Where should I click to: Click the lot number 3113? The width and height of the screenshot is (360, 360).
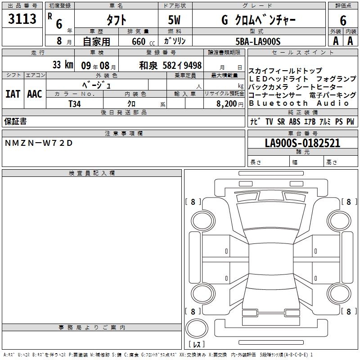[x=22, y=18]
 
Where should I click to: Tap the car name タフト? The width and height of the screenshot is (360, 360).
[x=117, y=20]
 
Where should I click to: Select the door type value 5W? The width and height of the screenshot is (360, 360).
[x=175, y=20]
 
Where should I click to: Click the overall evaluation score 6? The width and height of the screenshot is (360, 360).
[x=343, y=21]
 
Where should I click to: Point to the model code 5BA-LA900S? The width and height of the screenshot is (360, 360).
[x=258, y=41]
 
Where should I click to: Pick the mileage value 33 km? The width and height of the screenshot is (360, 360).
[x=63, y=65]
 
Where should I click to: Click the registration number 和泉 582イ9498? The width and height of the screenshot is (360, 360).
[x=171, y=66]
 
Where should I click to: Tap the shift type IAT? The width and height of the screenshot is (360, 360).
[x=13, y=94]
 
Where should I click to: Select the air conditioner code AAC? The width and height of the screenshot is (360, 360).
[x=35, y=94]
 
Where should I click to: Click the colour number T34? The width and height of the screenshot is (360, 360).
[x=75, y=104]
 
